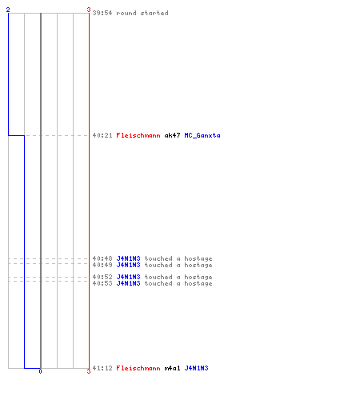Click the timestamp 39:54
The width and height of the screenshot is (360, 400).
coord(102,13)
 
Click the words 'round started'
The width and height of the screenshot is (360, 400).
coord(142,13)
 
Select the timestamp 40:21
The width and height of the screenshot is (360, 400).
coord(102,135)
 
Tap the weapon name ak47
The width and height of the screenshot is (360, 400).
coord(172,135)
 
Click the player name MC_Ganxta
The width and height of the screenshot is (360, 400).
coord(202,135)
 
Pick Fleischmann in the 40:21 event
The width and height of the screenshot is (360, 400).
coord(138,135)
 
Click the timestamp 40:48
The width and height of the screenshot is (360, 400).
coord(102,258)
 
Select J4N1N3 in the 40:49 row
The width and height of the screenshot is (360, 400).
coord(128,265)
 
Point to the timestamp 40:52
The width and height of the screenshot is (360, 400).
coord(102,277)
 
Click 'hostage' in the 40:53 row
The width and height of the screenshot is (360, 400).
coord(198,283)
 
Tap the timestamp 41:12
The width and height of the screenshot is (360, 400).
coord(102,368)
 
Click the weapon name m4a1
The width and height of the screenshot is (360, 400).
coord(172,368)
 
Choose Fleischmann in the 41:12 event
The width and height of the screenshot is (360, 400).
coord(138,368)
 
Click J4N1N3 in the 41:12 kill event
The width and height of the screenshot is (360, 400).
coord(197,368)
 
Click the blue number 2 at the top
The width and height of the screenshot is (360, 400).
coord(8,10)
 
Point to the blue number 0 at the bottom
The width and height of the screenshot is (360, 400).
coord(40,371)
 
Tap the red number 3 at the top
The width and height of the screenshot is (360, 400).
coord(89,10)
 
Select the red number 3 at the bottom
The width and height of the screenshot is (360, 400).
coord(89,371)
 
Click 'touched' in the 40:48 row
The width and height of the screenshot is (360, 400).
coord(158,258)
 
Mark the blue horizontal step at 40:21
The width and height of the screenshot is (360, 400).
coord(16,135)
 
